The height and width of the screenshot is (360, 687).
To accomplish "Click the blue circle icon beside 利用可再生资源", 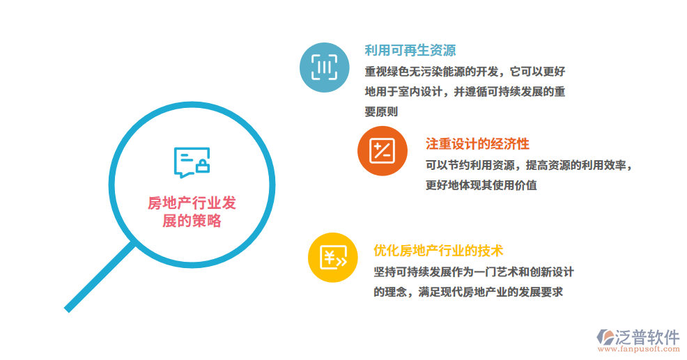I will point(323,67).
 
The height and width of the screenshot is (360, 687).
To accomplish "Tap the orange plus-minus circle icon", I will point(382,150).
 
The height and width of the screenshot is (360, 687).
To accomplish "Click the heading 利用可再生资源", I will point(410,50).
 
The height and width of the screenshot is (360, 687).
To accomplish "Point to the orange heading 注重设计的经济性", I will point(477,144).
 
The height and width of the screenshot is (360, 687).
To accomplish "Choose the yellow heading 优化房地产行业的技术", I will point(438,251).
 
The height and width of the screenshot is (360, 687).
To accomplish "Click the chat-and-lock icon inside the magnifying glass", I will point(192,162).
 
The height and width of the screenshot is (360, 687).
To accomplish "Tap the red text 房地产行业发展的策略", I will point(192,212).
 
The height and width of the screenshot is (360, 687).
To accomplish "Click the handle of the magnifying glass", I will point(98,277).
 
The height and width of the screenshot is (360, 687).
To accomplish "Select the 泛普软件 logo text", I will point(647,336).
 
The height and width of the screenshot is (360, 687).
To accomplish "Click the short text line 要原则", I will point(381,111).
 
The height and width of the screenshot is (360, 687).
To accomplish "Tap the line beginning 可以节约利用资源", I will point(529,165).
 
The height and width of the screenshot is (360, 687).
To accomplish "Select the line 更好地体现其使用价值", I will point(481,185).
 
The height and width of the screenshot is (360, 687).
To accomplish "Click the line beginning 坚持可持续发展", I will point(473,272).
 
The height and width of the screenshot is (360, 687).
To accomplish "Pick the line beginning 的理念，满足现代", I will point(468,292).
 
